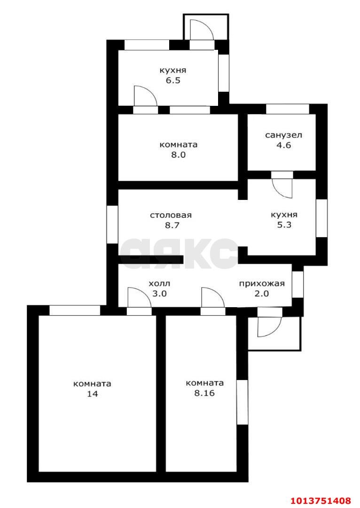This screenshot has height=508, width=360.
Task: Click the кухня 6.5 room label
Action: coord(173,75)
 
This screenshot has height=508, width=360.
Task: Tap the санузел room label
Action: coord(283,135)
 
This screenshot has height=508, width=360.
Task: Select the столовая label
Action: coord(171,215)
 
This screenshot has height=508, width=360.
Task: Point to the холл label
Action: coord(159,284)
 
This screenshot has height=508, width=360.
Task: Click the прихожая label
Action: coord(262,284)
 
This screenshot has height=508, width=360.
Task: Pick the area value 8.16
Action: coord(204,393)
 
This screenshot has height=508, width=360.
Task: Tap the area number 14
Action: coord(92,394)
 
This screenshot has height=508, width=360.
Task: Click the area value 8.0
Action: coord(179,155)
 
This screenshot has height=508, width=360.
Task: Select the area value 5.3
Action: coord(284,225)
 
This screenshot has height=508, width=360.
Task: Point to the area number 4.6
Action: coord(283,145)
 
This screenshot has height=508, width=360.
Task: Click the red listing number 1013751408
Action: coord(321,501)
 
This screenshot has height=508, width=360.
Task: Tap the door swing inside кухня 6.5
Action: coord(145,96)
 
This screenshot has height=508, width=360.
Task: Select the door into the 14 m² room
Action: coord(139,297)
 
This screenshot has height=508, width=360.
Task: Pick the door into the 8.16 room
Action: coord(213,297)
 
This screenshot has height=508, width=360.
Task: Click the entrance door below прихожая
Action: coord(270,326)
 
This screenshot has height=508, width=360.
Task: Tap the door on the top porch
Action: coord(202,30)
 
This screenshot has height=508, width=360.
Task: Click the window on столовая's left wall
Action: coord(112,224)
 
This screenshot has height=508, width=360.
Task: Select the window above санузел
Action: coord(288,109)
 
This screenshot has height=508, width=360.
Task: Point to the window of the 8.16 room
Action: coord(242,402)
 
